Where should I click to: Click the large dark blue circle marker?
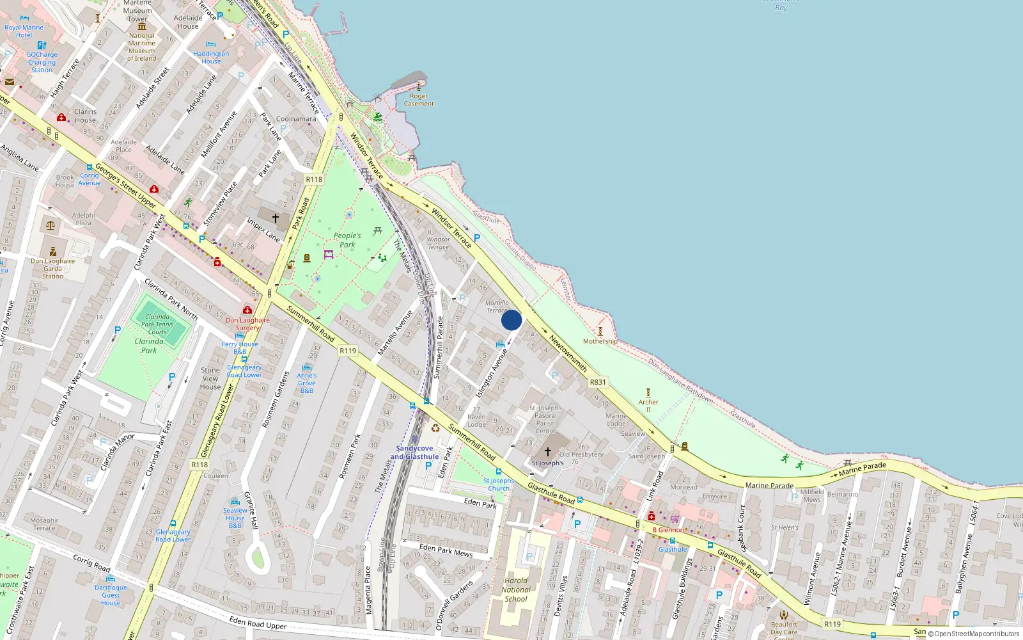(x=511, y=320)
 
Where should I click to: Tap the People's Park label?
(x=347, y=240)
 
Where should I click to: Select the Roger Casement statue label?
(x=419, y=100)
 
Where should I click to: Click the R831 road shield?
(x=598, y=382)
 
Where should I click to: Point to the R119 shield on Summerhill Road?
(x=348, y=351)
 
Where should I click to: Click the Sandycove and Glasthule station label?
(x=414, y=452)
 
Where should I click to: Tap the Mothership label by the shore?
(x=600, y=341)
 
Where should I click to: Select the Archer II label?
(x=648, y=406)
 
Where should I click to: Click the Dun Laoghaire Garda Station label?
(x=52, y=269)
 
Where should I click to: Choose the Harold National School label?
(x=516, y=590)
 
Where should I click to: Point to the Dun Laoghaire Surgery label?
(x=247, y=324)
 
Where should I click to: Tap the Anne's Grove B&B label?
(x=307, y=383)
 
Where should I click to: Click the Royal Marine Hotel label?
(x=24, y=31)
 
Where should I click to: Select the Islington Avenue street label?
(x=492, y=373)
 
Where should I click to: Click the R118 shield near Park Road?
(x=314, y=180)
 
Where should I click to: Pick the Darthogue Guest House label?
(x=111, y=595)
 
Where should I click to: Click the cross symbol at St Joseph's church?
(x=548, y=451)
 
